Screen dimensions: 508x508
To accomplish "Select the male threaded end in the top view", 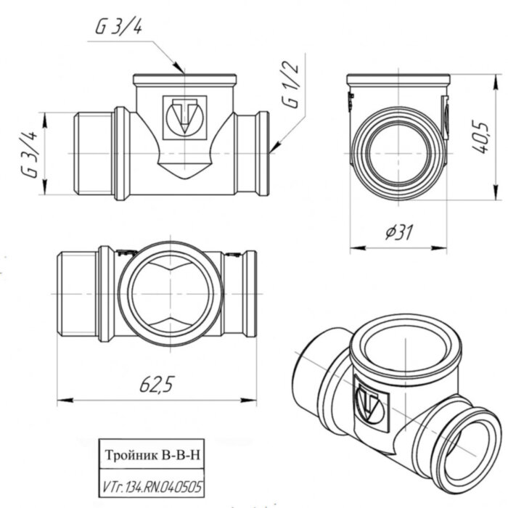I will (x=76, y=290).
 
